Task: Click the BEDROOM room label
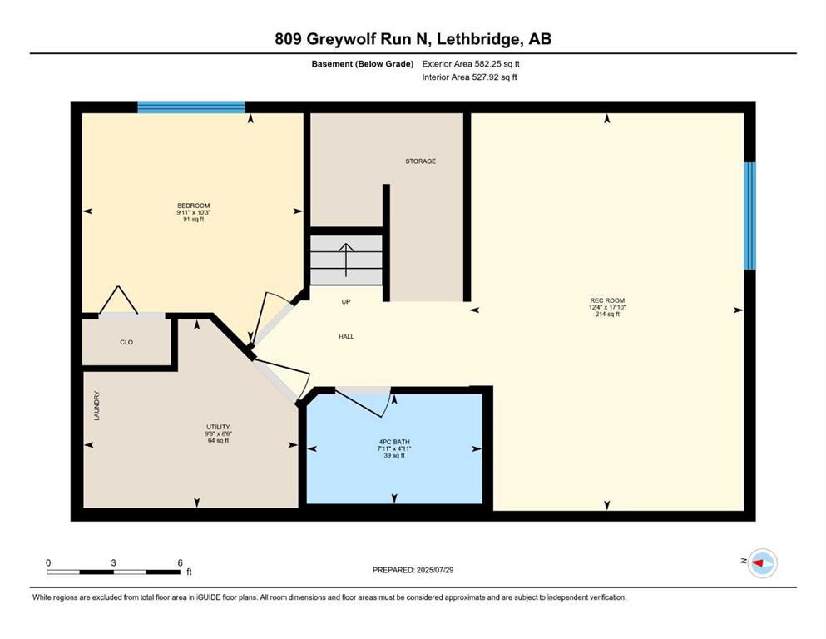tap(193, 206)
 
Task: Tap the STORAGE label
tap(420, 161)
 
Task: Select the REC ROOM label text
tap(607, 300)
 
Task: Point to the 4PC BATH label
tap(394, 442)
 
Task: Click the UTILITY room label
tap(218, 427)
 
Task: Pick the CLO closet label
tap(126, 343)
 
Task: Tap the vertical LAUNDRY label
tap(96, 406)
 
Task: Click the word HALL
tap(346, 337)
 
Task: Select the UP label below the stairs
tap(346, 302)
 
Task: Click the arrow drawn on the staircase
tap(346, 260)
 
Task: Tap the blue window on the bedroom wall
tap(191, 107)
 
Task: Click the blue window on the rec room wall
tap(749, 216)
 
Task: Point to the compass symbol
tap(763, 563)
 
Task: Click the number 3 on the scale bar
tap(113, 562)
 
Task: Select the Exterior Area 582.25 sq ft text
tap(471, 64)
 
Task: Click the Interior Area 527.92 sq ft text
tap(469, 77)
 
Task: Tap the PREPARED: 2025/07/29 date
tap(413, 570)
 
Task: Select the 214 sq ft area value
tap(607, 314)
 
